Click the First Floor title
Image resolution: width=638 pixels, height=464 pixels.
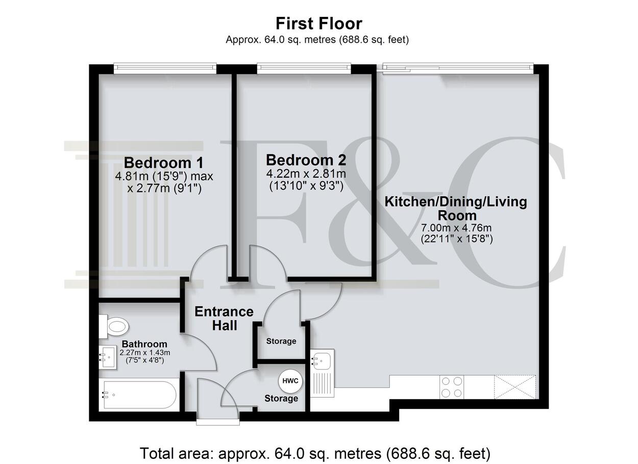point(318,23)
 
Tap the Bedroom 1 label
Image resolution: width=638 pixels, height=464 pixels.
point(164,163)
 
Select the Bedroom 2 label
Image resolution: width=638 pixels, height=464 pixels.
point(306,160)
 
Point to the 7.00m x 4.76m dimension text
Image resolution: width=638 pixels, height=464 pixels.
point(457,228)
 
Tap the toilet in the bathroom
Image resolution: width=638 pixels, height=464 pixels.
point(114,326)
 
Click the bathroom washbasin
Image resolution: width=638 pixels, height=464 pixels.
point(108,357)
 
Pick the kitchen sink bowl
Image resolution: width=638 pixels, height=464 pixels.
point(322,359)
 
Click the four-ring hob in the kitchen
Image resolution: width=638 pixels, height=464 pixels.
point(452,387)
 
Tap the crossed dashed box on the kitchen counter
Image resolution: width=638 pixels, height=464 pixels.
point(515,387)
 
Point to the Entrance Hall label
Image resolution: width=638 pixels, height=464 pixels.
point(224,319)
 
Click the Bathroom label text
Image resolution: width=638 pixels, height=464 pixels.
point(144,344)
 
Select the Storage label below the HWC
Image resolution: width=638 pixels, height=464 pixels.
point(281,398)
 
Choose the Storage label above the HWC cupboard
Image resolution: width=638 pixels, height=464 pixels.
point(281,341)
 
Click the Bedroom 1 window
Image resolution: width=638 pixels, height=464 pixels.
point(165,67)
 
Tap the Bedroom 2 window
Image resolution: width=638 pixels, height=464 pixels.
point(304,67)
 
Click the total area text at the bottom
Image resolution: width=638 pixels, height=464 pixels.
point(315,453)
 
